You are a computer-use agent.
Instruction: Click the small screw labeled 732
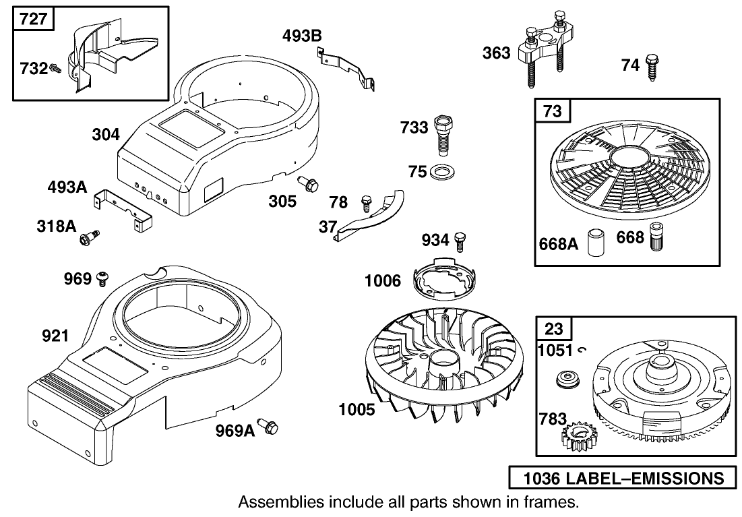(56, 68)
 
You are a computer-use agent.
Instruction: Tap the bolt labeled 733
(444, 133)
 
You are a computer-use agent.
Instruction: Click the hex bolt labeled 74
(651, 67)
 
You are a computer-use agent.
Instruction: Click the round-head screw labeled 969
(104, 276)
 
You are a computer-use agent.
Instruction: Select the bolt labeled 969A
(270, 427)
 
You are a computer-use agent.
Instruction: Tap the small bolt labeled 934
(461, 239)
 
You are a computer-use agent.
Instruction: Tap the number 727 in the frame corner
(33, 18)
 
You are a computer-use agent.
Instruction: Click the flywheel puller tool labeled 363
(545, 51)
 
